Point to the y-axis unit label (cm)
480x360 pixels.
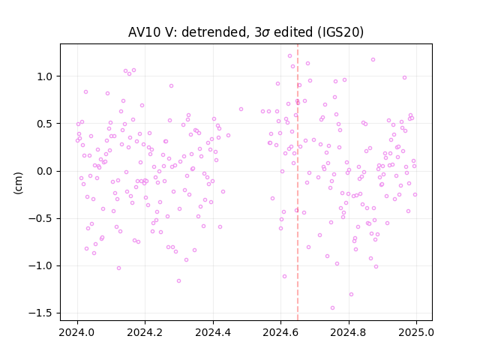[x=18, y=183]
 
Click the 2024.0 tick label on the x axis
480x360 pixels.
[x=77, y=332]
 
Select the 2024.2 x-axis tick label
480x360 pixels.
[x=145, y=332]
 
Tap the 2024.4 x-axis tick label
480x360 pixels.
[x=213, y=332]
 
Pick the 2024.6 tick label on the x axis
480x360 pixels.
[x=280, y=332]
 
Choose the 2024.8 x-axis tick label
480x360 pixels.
[x=349, y=332]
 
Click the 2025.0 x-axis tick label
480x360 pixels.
[x=416, y=332]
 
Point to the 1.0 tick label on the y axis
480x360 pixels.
[x=45, y=76]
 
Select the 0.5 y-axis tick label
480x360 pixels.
[x=45, y=124]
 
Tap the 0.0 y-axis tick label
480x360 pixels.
[x=45, y=171]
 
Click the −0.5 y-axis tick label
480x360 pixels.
[x=40, y=218]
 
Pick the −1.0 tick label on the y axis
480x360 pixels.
[x=40, y=265]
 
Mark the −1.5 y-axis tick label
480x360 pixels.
[x=40, y=313]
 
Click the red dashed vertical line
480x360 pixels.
[x=298, y=182]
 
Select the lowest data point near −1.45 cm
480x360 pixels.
[x=332, y=308]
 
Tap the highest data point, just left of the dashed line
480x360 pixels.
[x=289, y=56]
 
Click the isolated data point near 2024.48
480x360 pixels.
[x=241, y=109]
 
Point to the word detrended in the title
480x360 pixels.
[x=214, y=31]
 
